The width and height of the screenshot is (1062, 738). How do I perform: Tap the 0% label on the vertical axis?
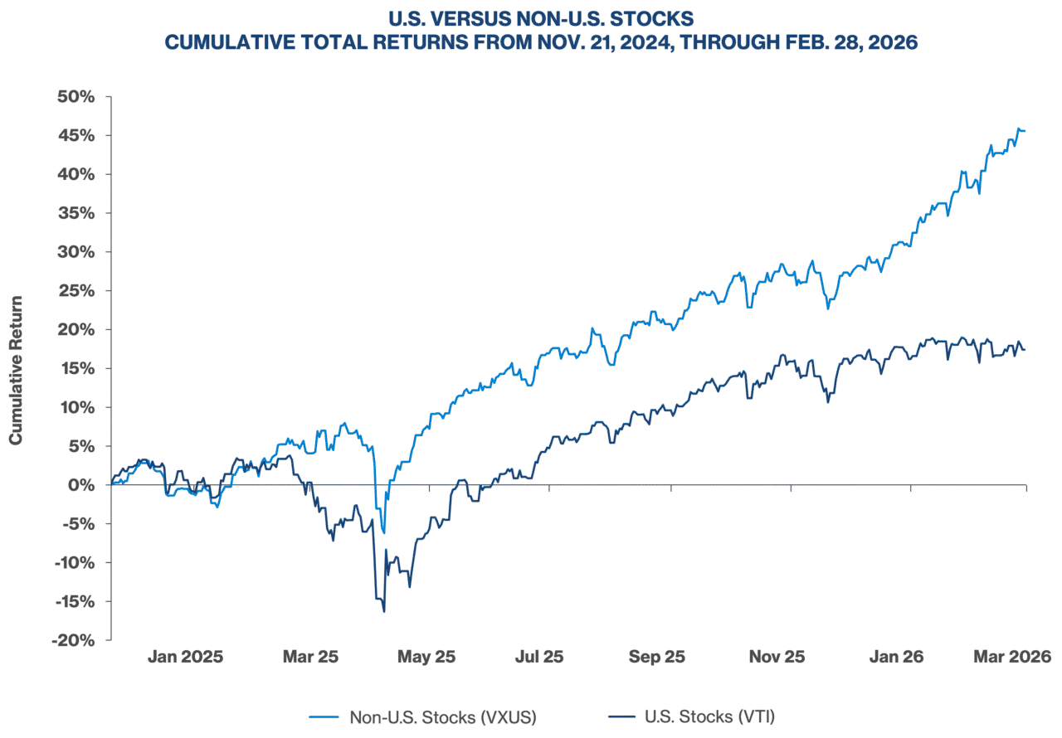tap(85, 485)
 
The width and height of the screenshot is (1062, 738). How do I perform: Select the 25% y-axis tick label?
tap(81, 291)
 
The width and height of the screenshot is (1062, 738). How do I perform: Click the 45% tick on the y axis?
tap(81, 136)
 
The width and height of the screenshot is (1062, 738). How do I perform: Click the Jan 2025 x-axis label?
tap(185, 657)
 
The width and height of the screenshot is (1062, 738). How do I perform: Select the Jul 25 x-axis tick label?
tap(539, 657)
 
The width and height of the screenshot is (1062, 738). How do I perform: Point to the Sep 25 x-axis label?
tap(657, 657)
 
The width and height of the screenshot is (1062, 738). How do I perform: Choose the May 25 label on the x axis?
tap(426, 657)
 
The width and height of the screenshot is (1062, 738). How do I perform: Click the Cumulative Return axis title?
tap(16, 369)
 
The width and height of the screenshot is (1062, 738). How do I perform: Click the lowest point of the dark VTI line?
tap(383, 612)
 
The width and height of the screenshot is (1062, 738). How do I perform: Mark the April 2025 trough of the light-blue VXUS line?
tap(383, 533)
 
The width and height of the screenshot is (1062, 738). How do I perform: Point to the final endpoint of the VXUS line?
tap(1024, 130)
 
